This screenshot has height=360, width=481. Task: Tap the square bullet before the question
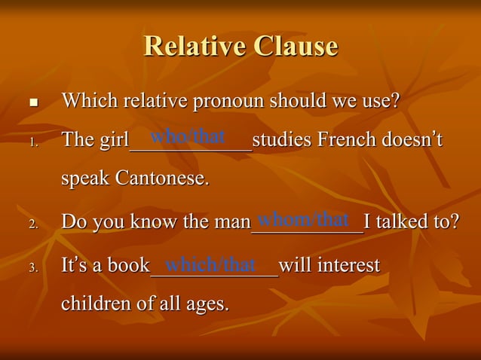click(x=32, y=102)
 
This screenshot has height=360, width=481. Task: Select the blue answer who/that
click(x=188, y=136)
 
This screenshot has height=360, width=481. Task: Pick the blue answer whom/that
click(x=303, y=219)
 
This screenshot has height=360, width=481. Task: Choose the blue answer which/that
click(x=211, y=264)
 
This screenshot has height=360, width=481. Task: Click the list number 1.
click(x=32, y=142)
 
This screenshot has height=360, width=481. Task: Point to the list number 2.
click(x=32, y=224)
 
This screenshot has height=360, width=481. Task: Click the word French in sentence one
click(x=349, y=141)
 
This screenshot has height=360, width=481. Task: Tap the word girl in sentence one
click(x=112, y=141)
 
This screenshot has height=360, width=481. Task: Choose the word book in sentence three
click(x=128, y=266)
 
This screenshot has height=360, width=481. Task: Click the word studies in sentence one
click(x=281, y=141)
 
